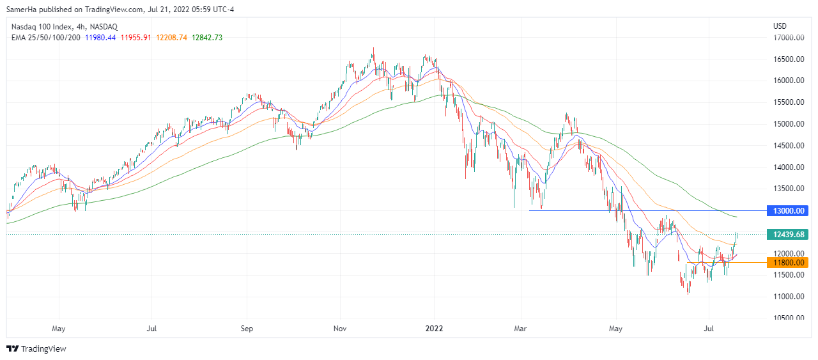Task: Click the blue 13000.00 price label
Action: click(x=790, y=210)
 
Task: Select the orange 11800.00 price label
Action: click(x=790, y=262)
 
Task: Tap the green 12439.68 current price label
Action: click(x=790, y=235)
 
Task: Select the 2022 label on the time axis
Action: click(x=434, y=329)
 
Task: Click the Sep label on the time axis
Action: click(x=247, y=329)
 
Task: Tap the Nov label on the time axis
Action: click(x=340, y=329)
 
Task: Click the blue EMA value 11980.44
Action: click(x=101, y=38)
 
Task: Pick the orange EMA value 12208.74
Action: click(x=171, y=38)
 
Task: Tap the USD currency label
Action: click(x=780, y=27)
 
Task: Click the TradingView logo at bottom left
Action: click(x=36, y=348)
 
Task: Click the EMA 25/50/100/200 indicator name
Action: click(x=45, y=38)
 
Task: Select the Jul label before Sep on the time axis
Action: click(x=152, y=329)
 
